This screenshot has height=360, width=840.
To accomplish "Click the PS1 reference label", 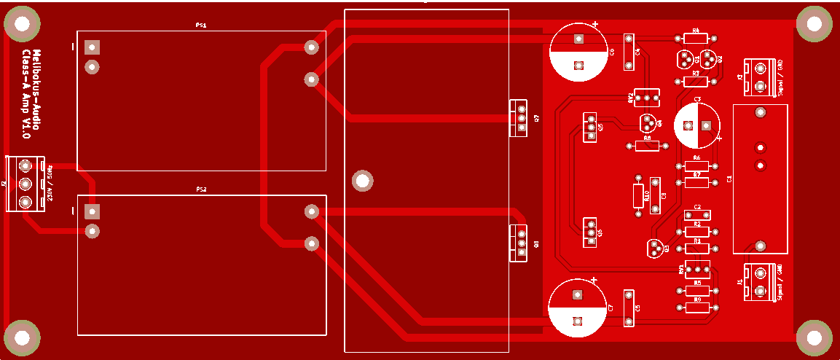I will click(201, 25).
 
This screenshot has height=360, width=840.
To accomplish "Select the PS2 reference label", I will click(201, 189).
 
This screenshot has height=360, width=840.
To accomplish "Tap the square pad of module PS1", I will click(92, 48).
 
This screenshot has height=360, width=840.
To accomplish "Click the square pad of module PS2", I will click(92, 212).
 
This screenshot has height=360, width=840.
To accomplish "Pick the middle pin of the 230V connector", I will click(25, 184).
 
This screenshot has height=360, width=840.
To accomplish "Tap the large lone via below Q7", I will click(361, 179).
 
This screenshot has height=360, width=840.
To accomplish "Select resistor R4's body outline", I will click(696, 38).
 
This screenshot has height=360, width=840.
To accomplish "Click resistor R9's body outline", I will click(697, 307).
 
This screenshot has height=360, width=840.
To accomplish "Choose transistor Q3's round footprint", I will click(656, 248).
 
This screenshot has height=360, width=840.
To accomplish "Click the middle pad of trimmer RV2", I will click(647, 96).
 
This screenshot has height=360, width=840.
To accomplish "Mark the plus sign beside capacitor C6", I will click(596, 25).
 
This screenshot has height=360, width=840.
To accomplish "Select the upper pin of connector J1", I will click(760, 273).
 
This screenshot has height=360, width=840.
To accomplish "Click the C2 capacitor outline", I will click(697, 214).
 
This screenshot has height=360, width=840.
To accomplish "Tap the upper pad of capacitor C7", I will click(578, 295).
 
